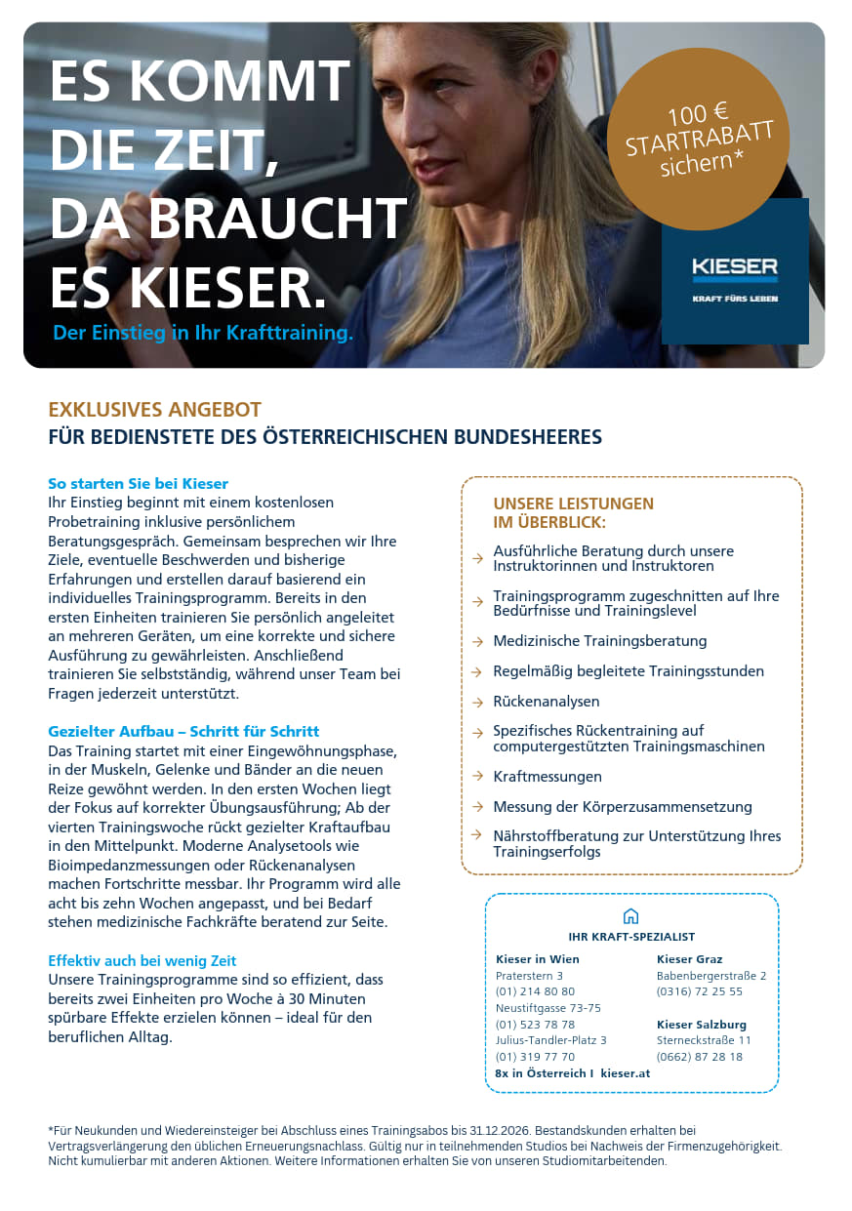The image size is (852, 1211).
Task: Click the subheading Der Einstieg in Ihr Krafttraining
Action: [x=203, y=333]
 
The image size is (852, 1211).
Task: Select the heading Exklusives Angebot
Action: [x=155, y=410]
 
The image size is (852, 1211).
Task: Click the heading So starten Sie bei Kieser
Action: [x=139, y=484]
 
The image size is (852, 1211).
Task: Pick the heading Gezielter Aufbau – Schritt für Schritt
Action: [x=183, y=731]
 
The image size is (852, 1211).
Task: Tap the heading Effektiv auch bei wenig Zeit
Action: [x=142, y=960]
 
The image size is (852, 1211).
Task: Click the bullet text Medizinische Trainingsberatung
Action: [x=599, y=641]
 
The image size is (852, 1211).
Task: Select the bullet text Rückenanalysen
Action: [x=547, y=702]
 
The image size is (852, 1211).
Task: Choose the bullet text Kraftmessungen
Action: [x=548, y=777]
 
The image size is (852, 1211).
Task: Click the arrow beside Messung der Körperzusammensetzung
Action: [x=477, y=807]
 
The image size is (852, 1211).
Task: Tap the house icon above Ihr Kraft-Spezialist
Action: [x=630, y=916]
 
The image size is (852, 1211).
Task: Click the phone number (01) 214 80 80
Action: [x=535, y=991]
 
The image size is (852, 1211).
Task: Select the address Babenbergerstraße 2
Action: [x=711, y=975]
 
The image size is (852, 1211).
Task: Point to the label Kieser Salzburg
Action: [x=702, y=1025]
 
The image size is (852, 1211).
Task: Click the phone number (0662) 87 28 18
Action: [x=700, y=1057]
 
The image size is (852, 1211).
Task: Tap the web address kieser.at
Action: [x=626, y=1073]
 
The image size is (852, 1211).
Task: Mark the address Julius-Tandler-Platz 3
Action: [x=551, y=1040]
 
